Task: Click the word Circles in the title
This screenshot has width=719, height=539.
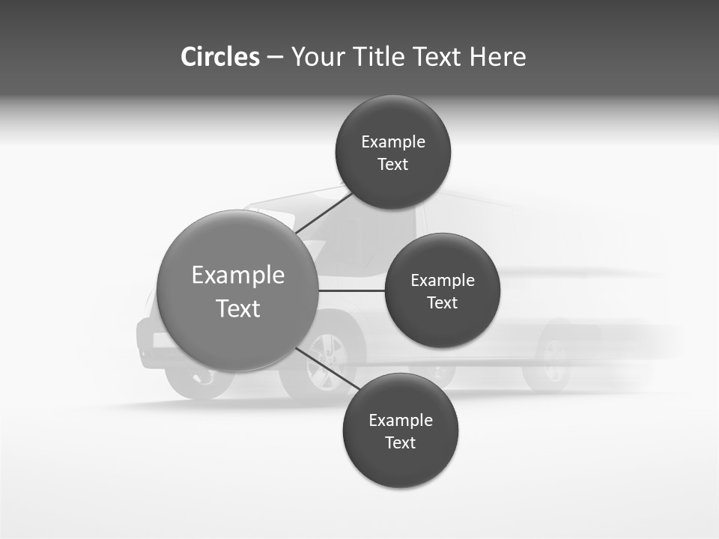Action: click(219, 57)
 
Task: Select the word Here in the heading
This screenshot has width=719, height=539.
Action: click(497, 57)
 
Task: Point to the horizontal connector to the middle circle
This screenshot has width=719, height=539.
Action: click(351, 290)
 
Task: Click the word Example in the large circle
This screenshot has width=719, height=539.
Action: click(237, 275)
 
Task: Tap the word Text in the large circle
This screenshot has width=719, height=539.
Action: click(237, 308)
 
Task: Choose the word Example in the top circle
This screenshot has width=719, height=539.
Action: click(393, 142)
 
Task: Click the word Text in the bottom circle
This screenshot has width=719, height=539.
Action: click(400, 443)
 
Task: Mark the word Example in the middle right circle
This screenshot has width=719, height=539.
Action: click(443, 281)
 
